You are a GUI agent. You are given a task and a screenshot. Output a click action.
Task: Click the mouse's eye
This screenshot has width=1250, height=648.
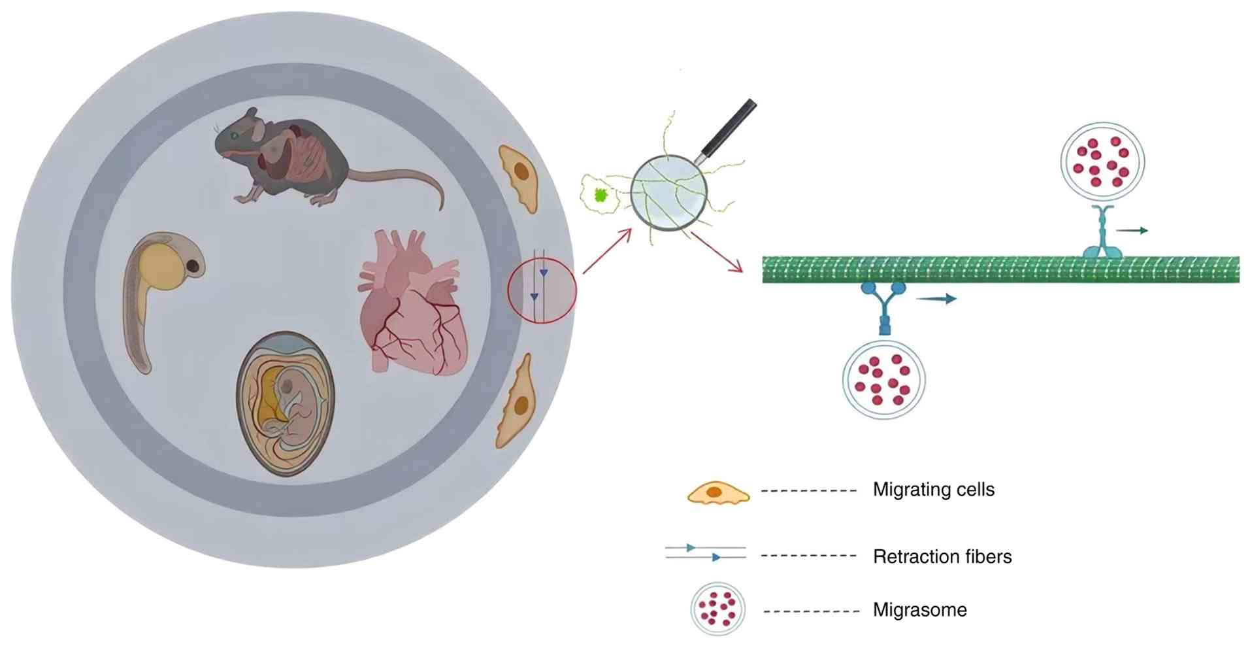point(234,135)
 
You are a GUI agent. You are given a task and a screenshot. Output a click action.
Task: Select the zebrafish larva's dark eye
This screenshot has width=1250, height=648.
point(193,265)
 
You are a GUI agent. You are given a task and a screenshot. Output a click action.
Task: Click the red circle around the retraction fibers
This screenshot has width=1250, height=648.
point(542,290)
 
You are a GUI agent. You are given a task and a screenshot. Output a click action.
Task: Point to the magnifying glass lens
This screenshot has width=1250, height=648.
point(668,192)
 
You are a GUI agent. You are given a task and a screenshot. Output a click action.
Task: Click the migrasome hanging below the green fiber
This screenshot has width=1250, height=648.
point(883,379)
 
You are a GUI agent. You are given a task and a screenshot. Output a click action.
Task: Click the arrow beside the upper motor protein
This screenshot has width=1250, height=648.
point(1132,230)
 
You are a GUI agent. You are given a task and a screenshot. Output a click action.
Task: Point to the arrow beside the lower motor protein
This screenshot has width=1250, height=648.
point(936,299)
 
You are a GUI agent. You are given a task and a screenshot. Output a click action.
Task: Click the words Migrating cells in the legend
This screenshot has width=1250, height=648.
point(933,490)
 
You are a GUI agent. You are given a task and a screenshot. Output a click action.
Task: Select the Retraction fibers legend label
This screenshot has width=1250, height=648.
point(942,556)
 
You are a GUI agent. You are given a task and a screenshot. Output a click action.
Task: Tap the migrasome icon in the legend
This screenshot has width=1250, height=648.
point(717,609)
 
